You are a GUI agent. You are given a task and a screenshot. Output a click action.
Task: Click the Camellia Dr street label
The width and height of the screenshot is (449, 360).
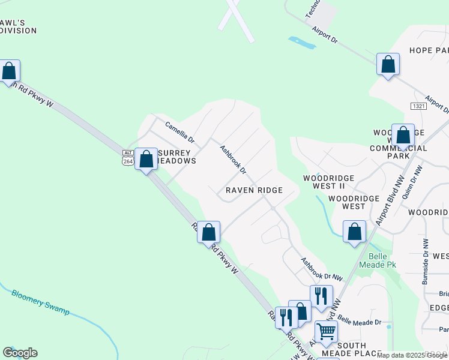pyautogui.click(x=180, y=131)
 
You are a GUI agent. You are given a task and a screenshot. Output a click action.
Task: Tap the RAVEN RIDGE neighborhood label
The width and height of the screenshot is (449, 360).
pyautogui.click(x=254, y=190)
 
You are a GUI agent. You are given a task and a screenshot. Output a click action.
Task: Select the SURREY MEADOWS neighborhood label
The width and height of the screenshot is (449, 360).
pyautogui.click(x=175, y=157)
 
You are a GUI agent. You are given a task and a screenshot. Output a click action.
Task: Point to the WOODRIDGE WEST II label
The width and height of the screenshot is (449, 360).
pyautogui.click(x=328, y=182)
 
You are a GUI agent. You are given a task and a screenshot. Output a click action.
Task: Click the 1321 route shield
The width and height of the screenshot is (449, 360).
pyautogui.click(x=420, y=106)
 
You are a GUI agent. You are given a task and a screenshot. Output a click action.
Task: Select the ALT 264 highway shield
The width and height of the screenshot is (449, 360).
pyautogui.click(x=127, y=157)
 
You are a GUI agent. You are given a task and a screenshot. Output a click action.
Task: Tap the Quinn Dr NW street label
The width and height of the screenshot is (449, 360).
pyautogui.click(x=414, y=182)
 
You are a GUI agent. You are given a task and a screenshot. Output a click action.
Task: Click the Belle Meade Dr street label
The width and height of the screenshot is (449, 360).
pyautogui.click(x=359, y=322)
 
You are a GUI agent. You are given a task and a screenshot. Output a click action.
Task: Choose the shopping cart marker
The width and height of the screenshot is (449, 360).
pyautogui.click(x=327, y=331)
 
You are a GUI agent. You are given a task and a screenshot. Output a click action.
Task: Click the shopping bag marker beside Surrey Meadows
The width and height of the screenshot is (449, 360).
pyautogui.click(x=146, y=159)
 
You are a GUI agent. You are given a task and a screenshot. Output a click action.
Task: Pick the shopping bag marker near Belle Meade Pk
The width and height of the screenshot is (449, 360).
pyautogui.click(x=355, y=231)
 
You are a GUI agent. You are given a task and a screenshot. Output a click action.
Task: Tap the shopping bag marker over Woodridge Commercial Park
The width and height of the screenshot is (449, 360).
pyautogui.click(x=403, y=135)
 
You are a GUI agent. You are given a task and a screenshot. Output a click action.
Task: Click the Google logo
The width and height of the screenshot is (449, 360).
pyautogui.click(x=20, y=353)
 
